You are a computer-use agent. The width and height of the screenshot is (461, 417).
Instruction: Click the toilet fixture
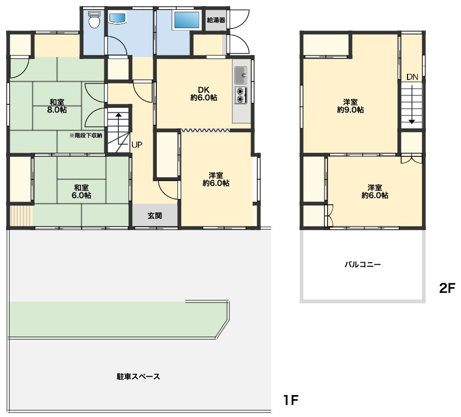[94, 20]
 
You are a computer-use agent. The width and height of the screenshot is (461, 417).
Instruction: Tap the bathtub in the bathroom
[187, 20]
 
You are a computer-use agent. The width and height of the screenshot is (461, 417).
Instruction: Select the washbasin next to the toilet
[118, 18]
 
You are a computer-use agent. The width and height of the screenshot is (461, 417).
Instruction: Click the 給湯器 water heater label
[216, 20]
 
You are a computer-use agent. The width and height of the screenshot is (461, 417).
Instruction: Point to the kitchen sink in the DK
[241, 75]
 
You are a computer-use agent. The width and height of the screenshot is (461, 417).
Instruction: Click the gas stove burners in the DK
[241, 95]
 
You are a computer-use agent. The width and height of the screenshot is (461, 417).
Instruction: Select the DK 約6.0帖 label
[203, 94]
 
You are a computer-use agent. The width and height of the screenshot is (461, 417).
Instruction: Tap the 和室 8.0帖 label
[57, 106]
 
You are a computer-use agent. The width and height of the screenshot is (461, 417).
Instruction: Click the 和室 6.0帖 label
[82, 191]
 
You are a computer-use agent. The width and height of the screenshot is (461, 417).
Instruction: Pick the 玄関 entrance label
[155, 216]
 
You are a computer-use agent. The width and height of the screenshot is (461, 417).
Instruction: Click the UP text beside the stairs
[137, 145]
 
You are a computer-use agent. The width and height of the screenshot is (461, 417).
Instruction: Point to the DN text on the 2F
[412, 77]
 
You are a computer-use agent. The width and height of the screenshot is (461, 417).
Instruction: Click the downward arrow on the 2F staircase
[412, 104]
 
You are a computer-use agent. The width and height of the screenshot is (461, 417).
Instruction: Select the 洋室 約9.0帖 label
[350, 106]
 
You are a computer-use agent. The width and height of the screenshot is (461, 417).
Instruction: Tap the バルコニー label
[363, 265]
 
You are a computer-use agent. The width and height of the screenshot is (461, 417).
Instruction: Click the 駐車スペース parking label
[138, 376]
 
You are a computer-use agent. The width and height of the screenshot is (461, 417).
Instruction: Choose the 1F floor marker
[291, 400]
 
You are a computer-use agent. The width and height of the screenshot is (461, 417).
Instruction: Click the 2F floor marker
[447, 288]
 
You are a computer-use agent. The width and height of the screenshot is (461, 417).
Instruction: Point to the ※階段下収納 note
[86, 135]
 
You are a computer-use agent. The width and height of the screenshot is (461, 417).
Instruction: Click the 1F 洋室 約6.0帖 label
[216, 179]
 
